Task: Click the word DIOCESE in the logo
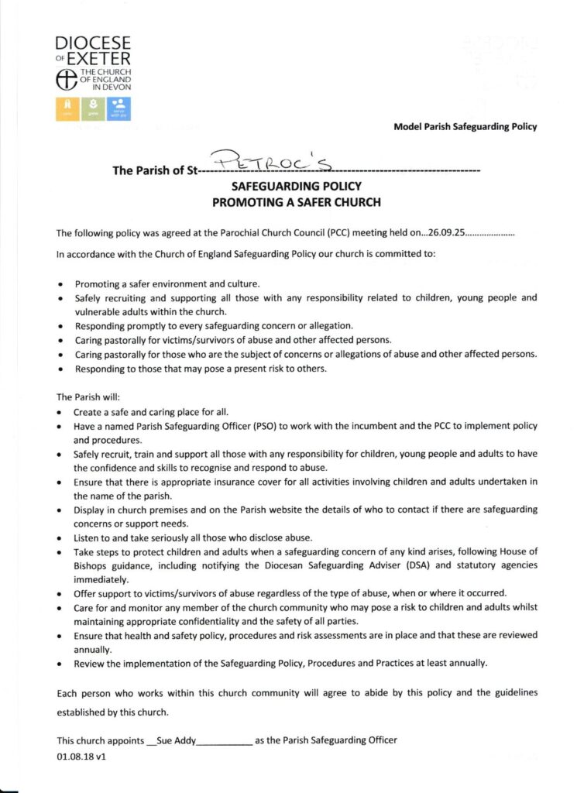click(92, 43)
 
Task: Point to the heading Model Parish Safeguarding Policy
click(465, 126)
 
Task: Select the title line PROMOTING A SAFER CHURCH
click(297, 203)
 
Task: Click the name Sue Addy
click(177, 740)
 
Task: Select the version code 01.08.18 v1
click(81, 757)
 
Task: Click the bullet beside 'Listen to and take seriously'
click(61, 538)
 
